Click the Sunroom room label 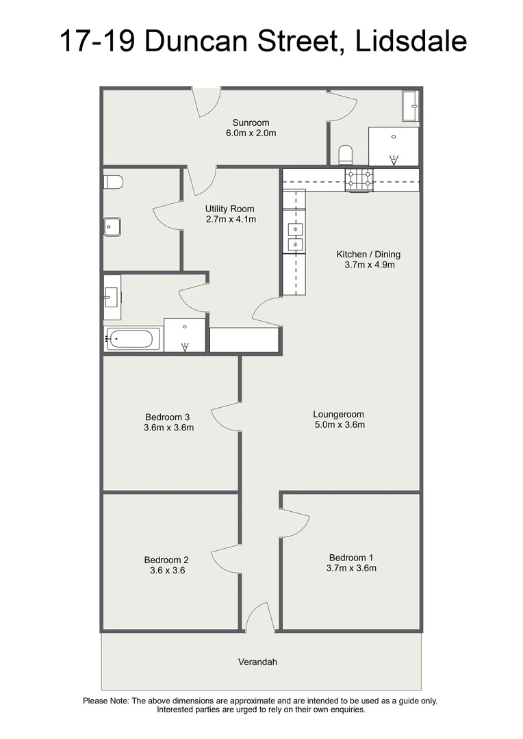(251, 122)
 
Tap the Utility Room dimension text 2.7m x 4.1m (230, 220)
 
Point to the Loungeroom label (338, 414)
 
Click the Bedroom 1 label (351, 557)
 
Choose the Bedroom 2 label (166, 559)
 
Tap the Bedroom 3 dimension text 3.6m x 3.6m (168, 428)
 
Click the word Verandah (257, 662)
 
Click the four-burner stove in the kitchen (359, 179)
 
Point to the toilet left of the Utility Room (114, 182)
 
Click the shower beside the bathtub (185, 335)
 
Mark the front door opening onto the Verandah (259, 618)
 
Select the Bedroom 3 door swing (225, 416)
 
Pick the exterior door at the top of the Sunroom (205, 101)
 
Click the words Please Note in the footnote (105, 701)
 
